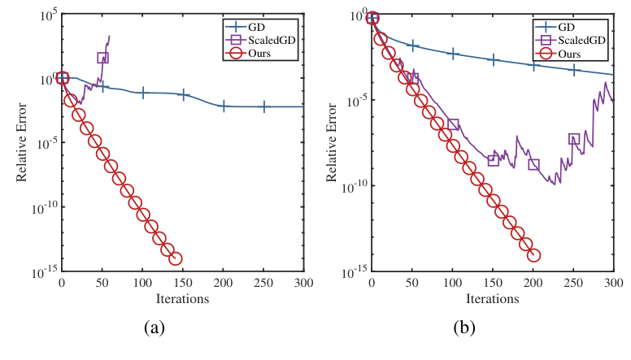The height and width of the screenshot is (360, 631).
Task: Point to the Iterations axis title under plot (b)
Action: tap(493, 298)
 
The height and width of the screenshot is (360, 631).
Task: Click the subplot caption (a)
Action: tap(155, 327)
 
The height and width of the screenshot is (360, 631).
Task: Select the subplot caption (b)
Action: tap(464, 327)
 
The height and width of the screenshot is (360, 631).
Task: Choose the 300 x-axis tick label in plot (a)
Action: tap(303, 283)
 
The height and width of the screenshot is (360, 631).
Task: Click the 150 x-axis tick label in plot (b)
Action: tap(492, 283)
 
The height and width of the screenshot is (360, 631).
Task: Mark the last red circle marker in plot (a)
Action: tap(175, 258)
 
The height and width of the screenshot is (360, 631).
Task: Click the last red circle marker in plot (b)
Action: tap(533, 255)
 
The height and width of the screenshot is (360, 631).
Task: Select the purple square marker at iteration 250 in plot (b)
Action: tap(574, 139)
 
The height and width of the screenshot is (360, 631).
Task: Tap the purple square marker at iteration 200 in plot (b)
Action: tap(533, 165)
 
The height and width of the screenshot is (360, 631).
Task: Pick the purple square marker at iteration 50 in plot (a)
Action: tap(102, 58)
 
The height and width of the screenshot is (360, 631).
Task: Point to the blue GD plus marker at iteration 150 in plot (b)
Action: tap(493, 60)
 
